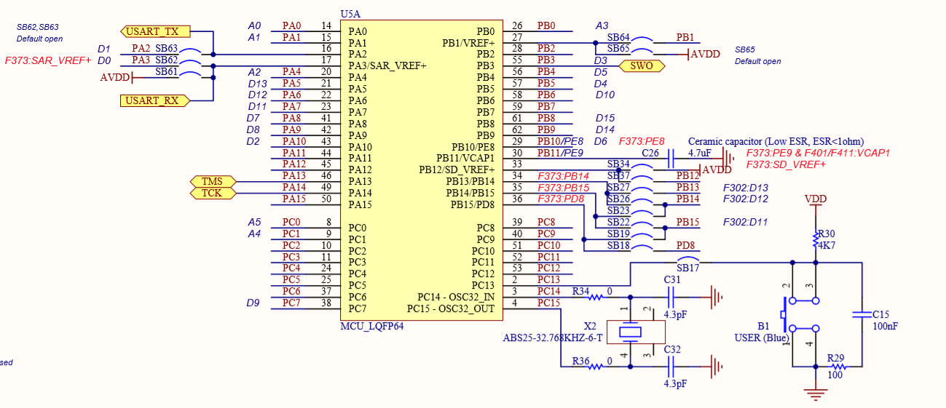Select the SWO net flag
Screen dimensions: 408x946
click(642, 66)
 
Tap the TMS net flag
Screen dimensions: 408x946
click(212, 181)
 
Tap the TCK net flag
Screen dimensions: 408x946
click(212, 193)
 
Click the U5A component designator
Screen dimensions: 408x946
click(350, 14)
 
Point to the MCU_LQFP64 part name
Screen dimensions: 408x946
click(371, 326)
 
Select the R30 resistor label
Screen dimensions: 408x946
click(826, 233)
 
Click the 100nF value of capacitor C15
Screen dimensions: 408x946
click(885, 327)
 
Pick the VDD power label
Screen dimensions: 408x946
click(816, 199)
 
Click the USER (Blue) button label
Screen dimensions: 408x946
click(762, 337)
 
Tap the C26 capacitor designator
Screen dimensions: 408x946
click(650, 153)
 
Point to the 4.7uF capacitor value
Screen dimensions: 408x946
click(699, 153)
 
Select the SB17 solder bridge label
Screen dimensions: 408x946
click(688, 268)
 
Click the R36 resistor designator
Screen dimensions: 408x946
click(580, 361)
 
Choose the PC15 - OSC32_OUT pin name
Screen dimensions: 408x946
click(451, 309)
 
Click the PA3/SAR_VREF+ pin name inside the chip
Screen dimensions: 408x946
click(387, 66)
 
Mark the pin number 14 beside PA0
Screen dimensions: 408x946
click(326, 25)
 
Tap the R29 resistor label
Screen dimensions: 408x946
click(835, 358)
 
